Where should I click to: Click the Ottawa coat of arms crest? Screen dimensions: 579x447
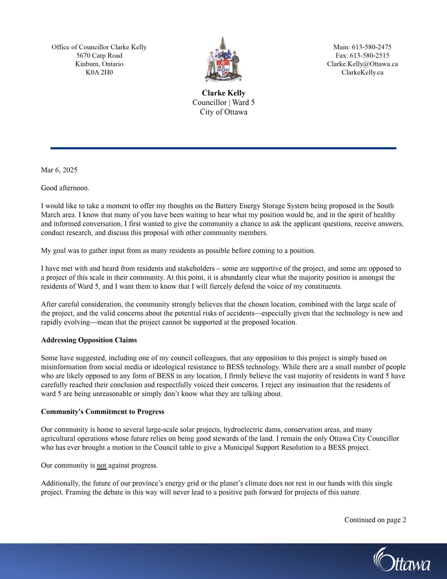pos(223,60)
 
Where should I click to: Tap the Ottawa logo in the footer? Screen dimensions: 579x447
pos(401,560)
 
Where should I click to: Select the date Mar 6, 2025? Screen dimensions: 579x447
pos(59,170)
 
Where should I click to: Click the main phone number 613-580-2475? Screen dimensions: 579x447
pos(371,47)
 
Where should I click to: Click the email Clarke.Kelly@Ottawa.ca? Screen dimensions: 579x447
pos(362,64)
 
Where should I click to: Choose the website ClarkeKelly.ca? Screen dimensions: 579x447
pos(362,72)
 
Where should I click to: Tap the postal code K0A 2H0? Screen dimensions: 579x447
pos(99,72)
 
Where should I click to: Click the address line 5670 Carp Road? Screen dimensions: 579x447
pos(99,56)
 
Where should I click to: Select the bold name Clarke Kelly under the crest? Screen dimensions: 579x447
pos(223,93)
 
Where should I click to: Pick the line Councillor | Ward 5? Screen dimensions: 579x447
pos(223,102)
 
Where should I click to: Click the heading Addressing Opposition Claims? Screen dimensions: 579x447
pos(89,340)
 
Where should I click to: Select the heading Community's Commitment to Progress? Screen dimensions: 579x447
pos(102,412)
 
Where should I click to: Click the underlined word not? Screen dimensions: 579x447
pos(101,466)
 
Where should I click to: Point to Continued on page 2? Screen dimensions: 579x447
pos(375,520)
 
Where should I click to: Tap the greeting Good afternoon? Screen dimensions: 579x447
pos(65,188)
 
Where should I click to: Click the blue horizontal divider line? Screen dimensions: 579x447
pos(223,148)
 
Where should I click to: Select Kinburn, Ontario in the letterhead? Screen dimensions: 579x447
pos(99,64)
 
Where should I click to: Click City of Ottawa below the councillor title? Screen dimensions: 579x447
pos(223,112)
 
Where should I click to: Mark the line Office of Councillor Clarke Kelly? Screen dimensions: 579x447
pos(99,47)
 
